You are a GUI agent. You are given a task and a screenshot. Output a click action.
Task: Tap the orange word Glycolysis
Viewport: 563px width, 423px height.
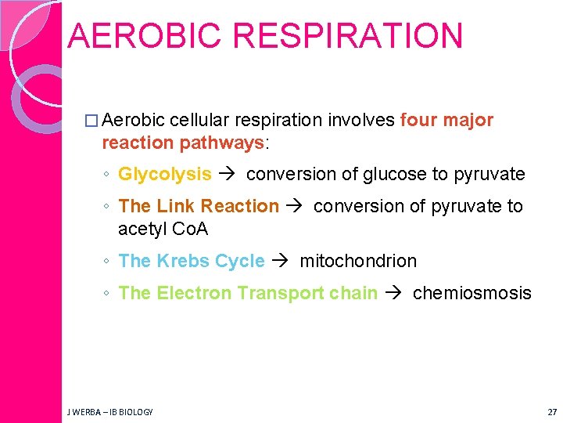[x=165, y=174]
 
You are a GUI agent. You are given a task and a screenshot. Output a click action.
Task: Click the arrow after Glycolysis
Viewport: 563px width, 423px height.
[x=228, y=174]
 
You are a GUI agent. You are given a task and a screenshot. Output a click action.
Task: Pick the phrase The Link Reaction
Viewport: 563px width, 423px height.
[x=199, y=206]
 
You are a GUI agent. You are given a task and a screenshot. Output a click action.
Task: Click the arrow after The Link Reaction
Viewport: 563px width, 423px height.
[x=295, y=206]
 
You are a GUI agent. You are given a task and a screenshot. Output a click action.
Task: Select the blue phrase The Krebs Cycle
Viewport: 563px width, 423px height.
[x=192, y=261]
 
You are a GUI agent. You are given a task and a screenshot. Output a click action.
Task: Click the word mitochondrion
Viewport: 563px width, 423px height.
[x=358, y=261]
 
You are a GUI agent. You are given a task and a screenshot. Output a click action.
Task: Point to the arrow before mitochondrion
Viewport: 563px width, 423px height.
[x=281, y=261]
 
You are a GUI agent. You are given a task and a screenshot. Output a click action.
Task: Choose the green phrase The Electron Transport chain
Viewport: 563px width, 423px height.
[x=248, y=293]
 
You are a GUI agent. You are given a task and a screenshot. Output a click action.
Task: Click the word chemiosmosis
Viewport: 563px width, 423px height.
[x=472, y=293]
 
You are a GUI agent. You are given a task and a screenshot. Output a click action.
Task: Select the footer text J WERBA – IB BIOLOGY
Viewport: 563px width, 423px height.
[x=110, y=411]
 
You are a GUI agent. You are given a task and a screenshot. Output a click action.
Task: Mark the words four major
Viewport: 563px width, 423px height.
[x=446, y=120]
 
